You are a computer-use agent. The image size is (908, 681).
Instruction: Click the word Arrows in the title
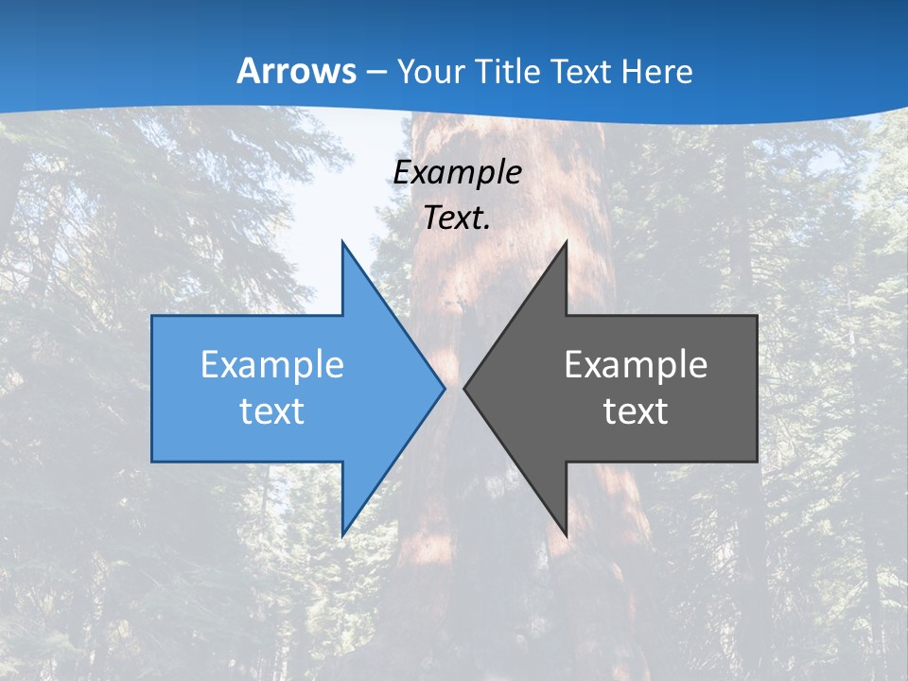(297, 71)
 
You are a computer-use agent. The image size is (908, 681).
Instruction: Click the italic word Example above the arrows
(457, 172)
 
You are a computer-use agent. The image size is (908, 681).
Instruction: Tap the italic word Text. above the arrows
(457, 218)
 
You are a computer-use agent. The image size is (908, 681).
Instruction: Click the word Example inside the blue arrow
(272, 364)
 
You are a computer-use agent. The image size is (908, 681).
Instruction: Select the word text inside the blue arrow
(272, 410)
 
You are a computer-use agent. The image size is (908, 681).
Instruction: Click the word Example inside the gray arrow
(636, 364)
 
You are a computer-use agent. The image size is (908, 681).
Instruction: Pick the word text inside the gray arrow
(636, 410)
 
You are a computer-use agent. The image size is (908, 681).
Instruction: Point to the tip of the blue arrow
(444, 388)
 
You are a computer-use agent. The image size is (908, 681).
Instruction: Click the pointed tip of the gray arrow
(465, 388)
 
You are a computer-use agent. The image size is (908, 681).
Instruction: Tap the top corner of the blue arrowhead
(342, 243)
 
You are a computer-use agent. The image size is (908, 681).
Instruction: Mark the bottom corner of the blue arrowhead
(342, 535)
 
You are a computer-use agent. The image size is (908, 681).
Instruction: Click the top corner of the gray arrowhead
(566, 243)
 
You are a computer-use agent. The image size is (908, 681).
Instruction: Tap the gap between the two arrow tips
(454, 388)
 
